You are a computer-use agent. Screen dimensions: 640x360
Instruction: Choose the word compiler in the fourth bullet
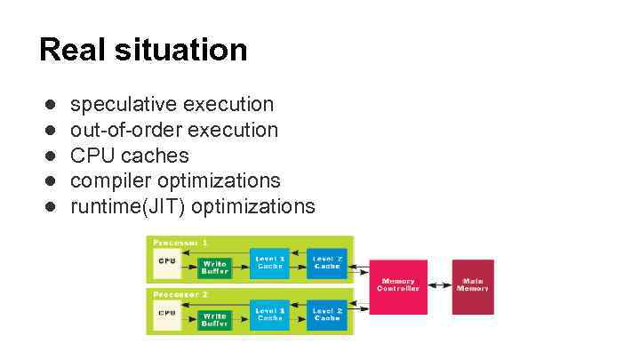pyautogui.click(x=111, y=180)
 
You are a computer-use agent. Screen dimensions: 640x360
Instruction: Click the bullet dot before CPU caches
pyautogui.click(x=52, y=156)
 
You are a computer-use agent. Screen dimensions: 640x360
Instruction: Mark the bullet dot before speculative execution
pyautogui.click(x=52, y=105)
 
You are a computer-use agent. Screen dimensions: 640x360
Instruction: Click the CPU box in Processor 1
pyautogui.click(x=167, y=262)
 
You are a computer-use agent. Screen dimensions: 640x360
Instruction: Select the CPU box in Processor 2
pyautogui.click(x=167, y=313)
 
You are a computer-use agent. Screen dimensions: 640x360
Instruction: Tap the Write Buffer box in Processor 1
pyautogui.click(x=215, y=267)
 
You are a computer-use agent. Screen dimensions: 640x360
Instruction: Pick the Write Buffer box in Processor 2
pyautogui.click(x=215, y=319)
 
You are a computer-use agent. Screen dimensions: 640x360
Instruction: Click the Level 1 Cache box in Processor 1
pyautogui.click(x=270, y=261)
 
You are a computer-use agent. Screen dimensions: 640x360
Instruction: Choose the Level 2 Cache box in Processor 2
pyautogui.click(x=327, y=313)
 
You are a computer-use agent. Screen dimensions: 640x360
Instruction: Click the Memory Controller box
pyautogui.click(x=398, y=286)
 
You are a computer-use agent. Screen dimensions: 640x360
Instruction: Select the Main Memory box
pyautogui.click(x=472, y=286)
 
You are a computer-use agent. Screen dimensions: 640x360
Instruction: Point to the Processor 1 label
pyautogui.click(x=181, y=242)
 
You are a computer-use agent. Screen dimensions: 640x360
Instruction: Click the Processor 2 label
pyautogui.click(x=181, y=292)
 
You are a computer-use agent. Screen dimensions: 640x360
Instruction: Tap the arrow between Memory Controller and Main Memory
pyautogui.click(x=439, y=285)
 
